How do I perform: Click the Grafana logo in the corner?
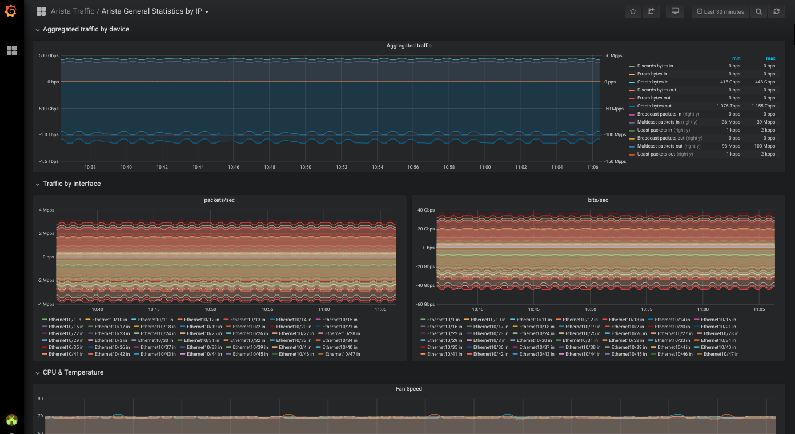[x=11, y=11]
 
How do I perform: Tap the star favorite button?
[x=633, y=11]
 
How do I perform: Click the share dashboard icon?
[x=651, y=11]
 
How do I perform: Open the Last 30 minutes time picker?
[x=720, y=11]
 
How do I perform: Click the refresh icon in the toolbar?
[x=777, y=11]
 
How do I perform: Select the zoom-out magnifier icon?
[x=758, y=11]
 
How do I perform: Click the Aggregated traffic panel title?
[x=408, y=46]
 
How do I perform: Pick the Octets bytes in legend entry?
[x=653, y=82]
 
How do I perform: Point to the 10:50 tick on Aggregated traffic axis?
[x=305, y=167]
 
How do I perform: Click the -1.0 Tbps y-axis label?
[x=49, y=134]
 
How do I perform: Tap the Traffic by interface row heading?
[x=72, y=184]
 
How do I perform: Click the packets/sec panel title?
[x=219, y=200]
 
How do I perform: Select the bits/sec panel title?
[x=598, y=200]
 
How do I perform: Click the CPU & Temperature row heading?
[x=73, y=372]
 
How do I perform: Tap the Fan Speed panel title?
[x=409, y=388]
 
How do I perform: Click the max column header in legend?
[x=770, y=58]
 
